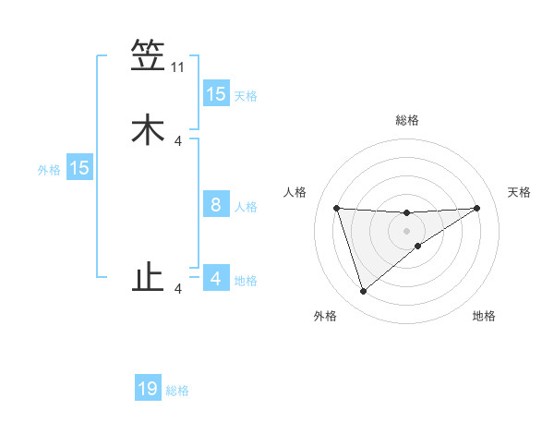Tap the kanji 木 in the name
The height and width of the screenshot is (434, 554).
[148, 129]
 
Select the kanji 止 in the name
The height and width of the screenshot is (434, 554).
[148, 277]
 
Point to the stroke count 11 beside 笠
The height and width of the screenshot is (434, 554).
[178, 67]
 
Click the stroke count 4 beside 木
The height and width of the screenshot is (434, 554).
[178, 141]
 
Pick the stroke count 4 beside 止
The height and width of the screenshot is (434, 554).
[178, 289]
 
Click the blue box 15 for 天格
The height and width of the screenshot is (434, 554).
[216, 94]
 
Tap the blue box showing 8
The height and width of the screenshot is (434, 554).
[216, 205]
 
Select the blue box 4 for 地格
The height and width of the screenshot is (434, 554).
[216, 279]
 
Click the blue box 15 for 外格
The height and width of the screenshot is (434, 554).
[79, 168]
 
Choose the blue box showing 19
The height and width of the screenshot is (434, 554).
[148, 389]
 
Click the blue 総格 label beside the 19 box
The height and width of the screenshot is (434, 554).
[178, 391]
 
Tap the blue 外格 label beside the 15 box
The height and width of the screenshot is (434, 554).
[49, 170]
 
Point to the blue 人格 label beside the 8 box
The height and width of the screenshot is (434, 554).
[247, 207]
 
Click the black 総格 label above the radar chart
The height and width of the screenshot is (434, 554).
[406, 120]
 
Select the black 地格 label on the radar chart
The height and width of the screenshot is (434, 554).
[484, 317]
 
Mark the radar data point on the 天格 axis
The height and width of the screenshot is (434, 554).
[476, 208]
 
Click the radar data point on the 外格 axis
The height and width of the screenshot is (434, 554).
[363, 292]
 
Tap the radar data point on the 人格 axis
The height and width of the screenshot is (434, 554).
[336, 208]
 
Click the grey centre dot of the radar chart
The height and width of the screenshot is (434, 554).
[406, 230]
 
